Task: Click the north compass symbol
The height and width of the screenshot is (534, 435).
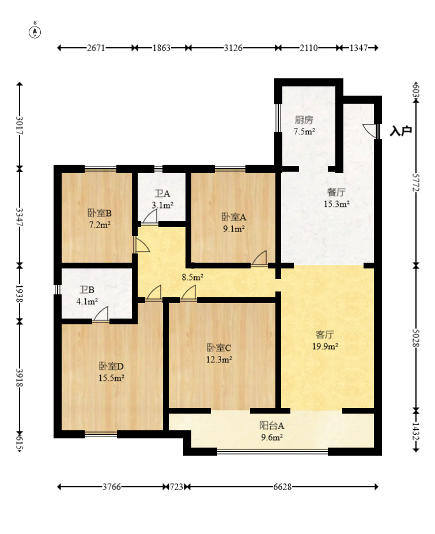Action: click(x=35, y=31)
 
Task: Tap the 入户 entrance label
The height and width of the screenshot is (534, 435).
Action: click(x=400, y=131)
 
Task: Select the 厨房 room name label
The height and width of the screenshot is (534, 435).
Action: click(x=304, y=120)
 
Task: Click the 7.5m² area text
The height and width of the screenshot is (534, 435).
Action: click(x=304, y=131)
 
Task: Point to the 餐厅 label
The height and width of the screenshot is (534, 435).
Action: click(x=336, y=192)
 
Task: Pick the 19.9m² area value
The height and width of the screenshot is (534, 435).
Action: click(x=325, y=346)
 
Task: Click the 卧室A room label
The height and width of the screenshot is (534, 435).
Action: click(x=234, y=217)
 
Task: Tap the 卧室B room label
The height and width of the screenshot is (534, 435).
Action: click(x=100, y=214)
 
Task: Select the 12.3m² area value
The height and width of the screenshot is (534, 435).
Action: click(x=219, y=359)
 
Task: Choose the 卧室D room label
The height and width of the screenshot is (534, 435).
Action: click(x=111, y=366)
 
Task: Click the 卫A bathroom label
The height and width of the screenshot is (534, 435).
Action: click(x=162, y=194)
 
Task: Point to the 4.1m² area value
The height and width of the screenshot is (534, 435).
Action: click(x=87, y=301)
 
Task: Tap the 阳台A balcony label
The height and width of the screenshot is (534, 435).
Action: click(x=272, y=426)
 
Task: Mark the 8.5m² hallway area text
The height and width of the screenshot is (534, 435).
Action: click(x=192, y=277)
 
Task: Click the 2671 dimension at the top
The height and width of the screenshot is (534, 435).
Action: click(x=96, y=48)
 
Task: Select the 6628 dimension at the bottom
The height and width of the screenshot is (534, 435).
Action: click(x=282, y=487)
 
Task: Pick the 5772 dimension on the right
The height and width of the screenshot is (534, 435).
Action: click(x=415, y=183)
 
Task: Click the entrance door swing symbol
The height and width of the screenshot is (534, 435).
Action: click(x=369, y=130)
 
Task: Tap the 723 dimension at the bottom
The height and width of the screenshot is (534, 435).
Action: click(x=176, y=487)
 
